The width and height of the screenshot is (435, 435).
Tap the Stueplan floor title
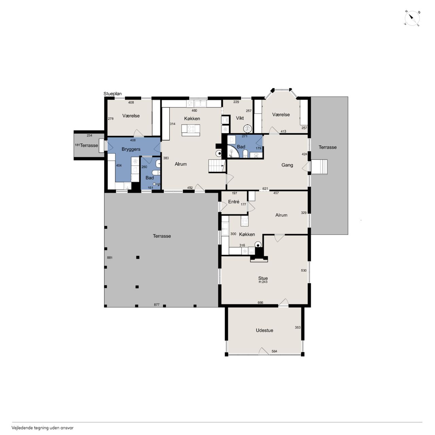[112, 94]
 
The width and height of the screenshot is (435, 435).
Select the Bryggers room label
[131, 149]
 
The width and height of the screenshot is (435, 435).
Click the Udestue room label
[264, 330]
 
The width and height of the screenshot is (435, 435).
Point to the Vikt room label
[240, 118]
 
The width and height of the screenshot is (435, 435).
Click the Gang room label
[287, 165]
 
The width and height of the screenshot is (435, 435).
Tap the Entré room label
[233, 202]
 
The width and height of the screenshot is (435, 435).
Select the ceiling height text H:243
[263, 282]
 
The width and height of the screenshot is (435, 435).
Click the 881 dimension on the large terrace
[110, 258]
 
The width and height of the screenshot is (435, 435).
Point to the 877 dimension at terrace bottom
[157, 304]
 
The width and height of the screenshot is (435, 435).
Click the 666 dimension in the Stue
[260, 302]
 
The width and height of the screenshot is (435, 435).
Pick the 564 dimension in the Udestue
[274, 351]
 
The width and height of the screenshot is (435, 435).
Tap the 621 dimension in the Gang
[265, 189]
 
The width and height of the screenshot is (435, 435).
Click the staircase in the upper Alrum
[217, 166]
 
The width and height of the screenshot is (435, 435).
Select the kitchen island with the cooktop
[191, 130]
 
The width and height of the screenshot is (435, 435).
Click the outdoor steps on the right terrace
[319, 167]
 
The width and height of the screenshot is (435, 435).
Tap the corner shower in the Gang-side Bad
[232, 151]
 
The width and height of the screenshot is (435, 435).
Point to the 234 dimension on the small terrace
[89, 136]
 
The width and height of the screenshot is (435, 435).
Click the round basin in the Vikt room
[247, 129]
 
